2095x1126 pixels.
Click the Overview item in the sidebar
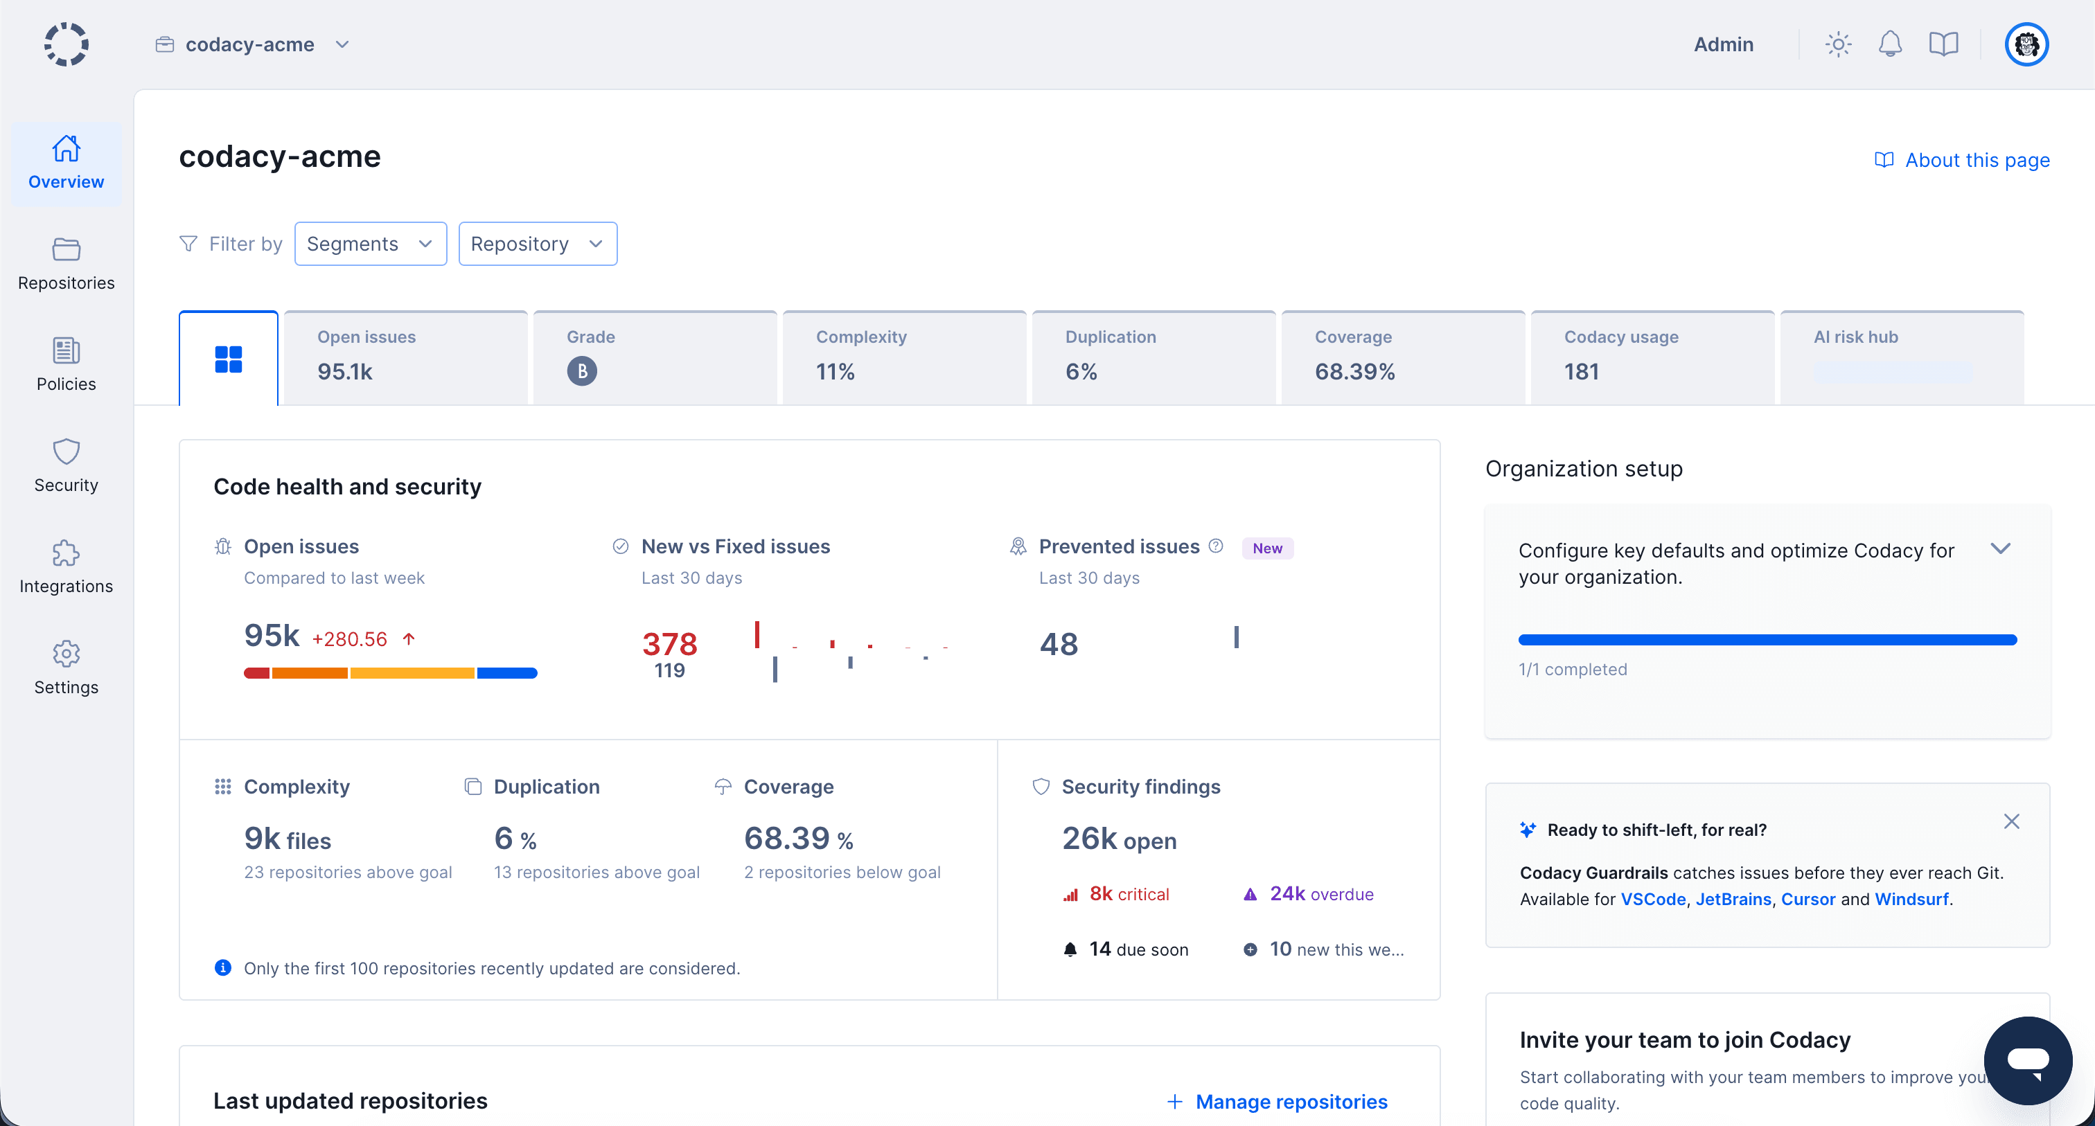pyautogui.click(x=66, y=163)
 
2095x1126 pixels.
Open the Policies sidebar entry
pyautogui.click(x=66, y=364)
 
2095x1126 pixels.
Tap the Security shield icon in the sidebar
pyautogui.click(x=66, y=452)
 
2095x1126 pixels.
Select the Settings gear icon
pyautogui.click(x=66, y=654)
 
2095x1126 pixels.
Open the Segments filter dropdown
pyautogui.click(x=370, y=244)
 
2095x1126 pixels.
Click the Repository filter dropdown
pyautogui.click(x=538, y=244)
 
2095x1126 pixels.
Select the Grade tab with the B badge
pyautogui.click(x=654, y=358)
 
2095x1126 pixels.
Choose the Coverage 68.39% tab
pyautogui.click(x=1402, y=358)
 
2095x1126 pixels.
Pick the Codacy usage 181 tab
pyautogui.click(x=1652, y=358)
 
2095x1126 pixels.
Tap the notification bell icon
pyautogui.click(x=1890, y=44)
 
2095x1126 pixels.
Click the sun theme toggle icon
pyautogui.click(x=1838, y=44)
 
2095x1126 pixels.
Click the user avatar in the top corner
pyautogui.click(x=2026, y=44)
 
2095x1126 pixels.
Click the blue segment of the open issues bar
pyautogui.click(x=506, y=673)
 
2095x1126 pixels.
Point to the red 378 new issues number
pyautogui.click(x=669, y=643)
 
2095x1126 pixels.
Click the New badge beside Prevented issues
pyautogui.click(x=1266, y=548)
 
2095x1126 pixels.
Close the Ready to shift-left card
pyautogui.click(x=2011, y=822)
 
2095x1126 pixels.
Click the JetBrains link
pyautogui.click(x=1733, y=899)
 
